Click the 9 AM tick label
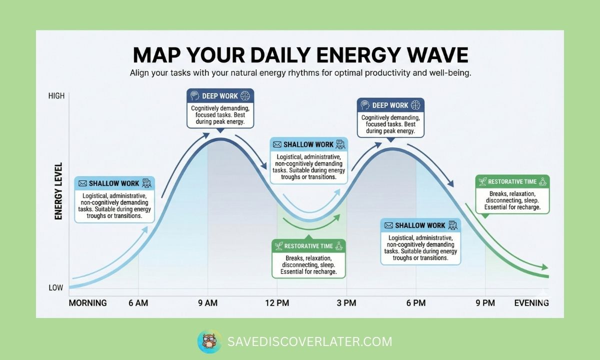208,303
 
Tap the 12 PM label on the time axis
277,303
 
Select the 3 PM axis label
346,303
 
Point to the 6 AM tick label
138,303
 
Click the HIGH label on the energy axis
56,96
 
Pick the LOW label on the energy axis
55,287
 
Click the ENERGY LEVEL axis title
58,191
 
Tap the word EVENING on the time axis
531,303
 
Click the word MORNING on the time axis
87,303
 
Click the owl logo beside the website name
209,341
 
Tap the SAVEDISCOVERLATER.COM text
310,342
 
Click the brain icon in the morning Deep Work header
245,95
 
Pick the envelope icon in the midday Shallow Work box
277,144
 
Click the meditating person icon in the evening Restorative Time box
543,181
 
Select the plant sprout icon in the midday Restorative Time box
279,246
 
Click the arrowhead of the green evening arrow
545,267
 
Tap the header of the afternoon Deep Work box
390,105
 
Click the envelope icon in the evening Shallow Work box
388,225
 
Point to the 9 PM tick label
485,303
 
